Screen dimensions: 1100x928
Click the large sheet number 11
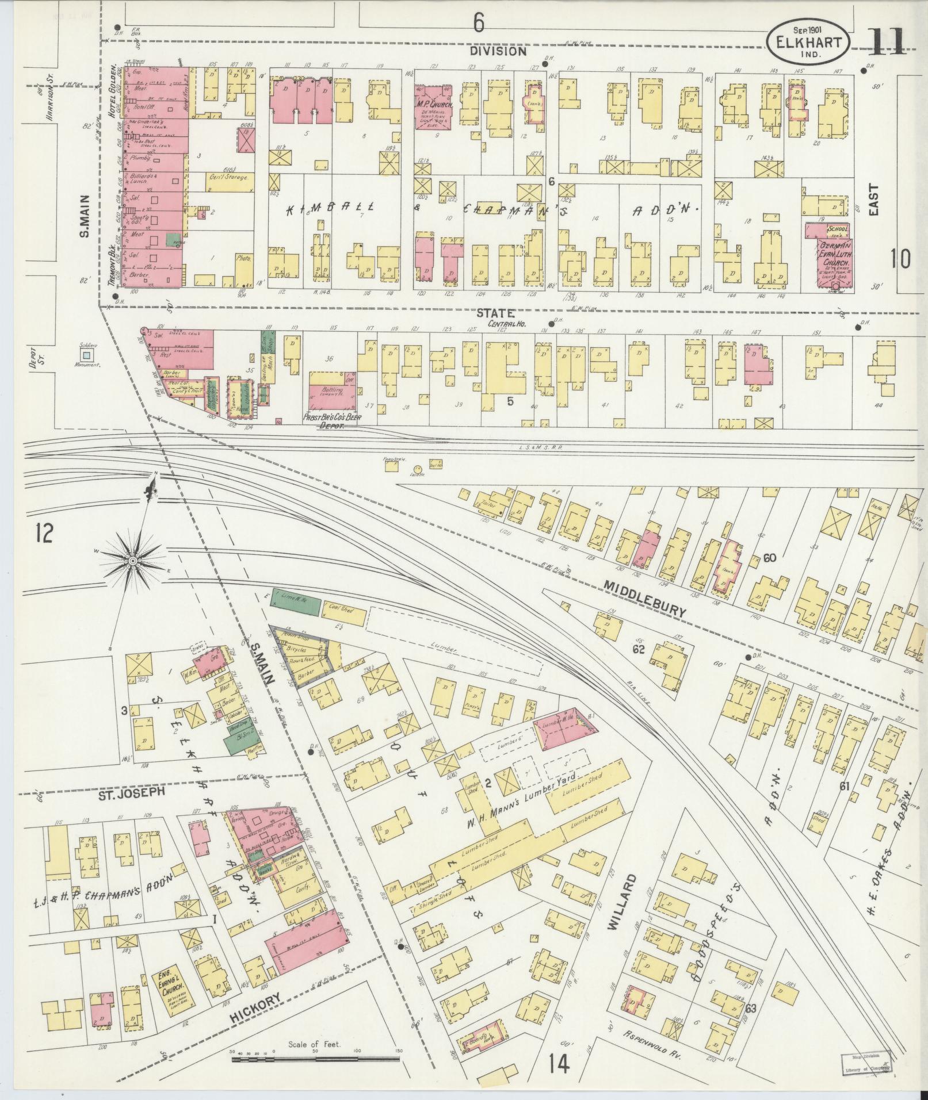884,41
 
